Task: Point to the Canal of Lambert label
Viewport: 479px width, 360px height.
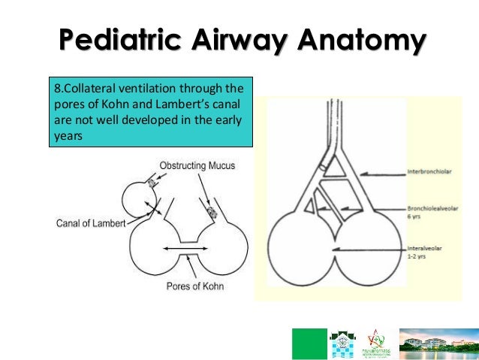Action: click(90, 222)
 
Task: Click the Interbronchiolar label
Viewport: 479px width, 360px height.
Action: click(431, 171)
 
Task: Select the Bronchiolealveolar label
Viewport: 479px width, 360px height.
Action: click(434, 207)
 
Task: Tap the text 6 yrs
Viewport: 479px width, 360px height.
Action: click(415, 216)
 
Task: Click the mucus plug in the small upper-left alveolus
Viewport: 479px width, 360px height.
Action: click(152, 183)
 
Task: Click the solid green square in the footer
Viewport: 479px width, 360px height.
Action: click(309, 343)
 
